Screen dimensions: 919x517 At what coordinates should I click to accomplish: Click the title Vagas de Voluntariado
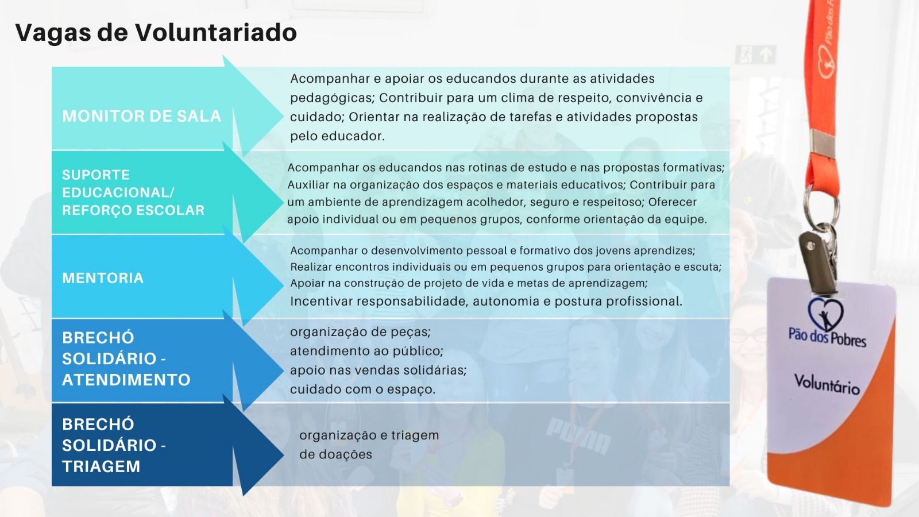156,33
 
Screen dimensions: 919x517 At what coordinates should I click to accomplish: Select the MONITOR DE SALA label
141,116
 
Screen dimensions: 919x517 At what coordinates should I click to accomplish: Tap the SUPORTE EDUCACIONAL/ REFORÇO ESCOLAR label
133,192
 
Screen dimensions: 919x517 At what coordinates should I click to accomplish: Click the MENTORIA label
103,278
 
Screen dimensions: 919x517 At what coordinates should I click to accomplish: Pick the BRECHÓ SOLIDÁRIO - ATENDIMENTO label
126,358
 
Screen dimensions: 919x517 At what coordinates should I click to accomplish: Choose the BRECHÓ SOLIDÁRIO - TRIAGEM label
114,445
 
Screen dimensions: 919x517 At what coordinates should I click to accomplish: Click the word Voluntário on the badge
827,384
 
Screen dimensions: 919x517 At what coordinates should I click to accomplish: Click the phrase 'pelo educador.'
337,136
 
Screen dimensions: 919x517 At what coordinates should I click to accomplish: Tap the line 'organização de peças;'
360,332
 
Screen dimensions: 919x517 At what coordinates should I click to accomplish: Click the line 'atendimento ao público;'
367,351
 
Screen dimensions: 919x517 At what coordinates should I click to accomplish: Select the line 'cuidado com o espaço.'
362,389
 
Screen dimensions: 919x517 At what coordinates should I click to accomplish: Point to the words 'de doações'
335,454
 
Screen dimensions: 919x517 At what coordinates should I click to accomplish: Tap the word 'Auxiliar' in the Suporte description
308,185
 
